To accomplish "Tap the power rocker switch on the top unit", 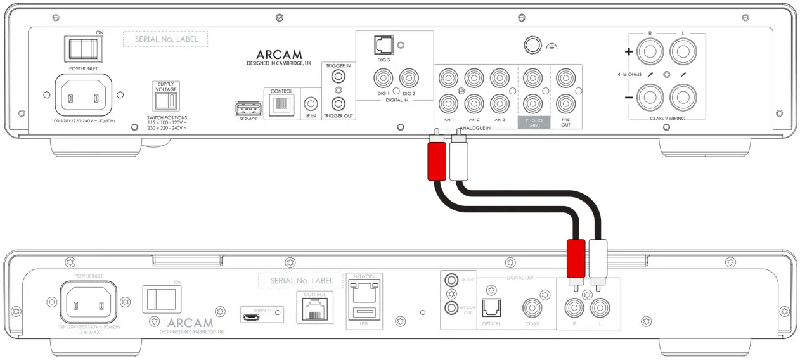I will tap(82, 49).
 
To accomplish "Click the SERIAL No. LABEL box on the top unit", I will tap(166, 39).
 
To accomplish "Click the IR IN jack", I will tap(311, 103).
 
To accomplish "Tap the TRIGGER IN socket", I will tap(339, 77).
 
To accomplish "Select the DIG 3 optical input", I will tap(383, 45).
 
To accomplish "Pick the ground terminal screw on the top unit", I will tap(532, 45).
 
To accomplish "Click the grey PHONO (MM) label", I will tap(533, 122).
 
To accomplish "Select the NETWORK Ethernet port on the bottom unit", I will tap(365, 293).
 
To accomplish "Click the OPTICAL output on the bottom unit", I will tap(491, 308).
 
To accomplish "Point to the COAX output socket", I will tap(532, 309).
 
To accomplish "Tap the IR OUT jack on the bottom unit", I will tap(451, 280).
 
